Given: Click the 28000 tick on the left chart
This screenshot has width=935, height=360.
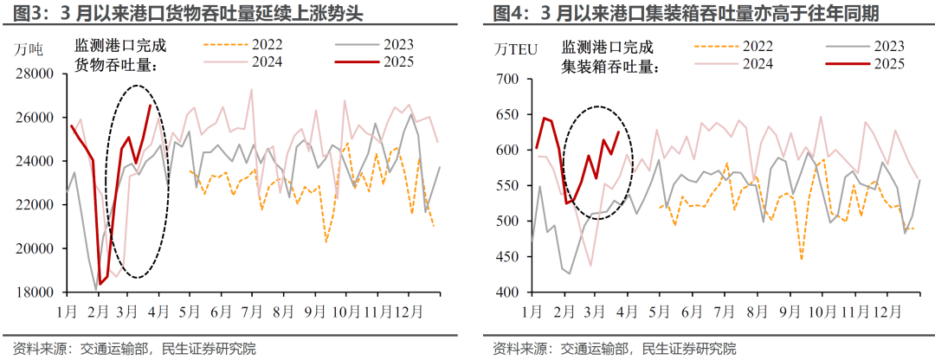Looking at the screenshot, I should [35, 74].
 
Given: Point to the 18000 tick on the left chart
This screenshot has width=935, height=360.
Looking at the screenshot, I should [35, 292].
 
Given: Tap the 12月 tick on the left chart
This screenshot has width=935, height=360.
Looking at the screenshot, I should [408, 310].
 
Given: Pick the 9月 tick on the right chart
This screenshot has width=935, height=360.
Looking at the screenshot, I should [783, 310].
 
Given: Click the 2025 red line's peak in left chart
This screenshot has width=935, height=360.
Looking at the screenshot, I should [151, 106].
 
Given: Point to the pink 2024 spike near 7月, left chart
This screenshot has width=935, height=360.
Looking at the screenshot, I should [251, 89].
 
